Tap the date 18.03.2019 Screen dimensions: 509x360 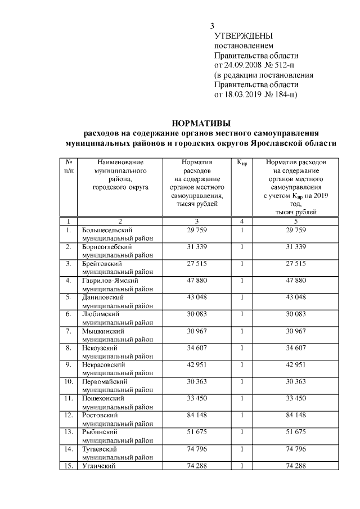(245, 93)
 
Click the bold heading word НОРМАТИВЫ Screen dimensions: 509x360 (201, 123)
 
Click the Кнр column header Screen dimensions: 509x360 (242, 163)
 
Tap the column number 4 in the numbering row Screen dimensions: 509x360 (242, 221)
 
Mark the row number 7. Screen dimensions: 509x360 (68, 331)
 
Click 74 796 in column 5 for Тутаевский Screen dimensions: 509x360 (295, 449)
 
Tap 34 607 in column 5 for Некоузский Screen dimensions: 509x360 (295, 348)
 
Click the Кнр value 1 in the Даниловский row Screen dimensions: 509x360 (242, 297)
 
